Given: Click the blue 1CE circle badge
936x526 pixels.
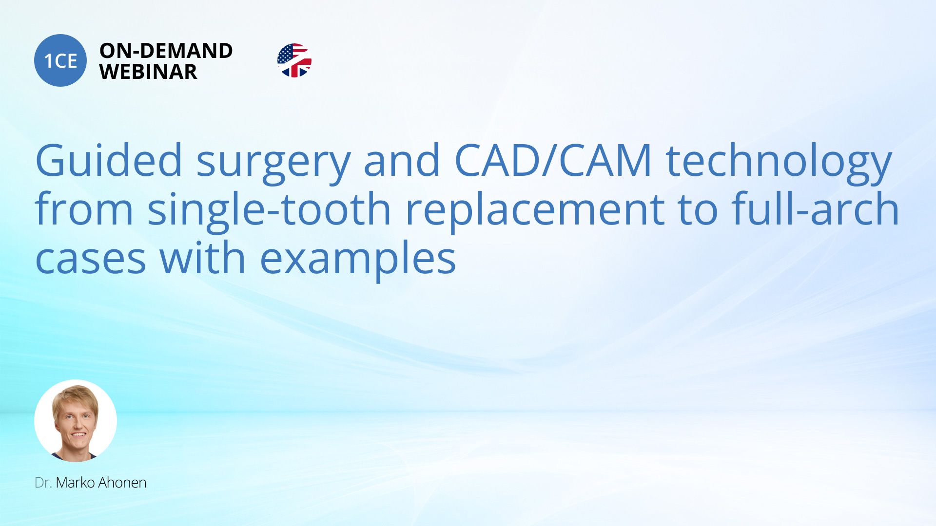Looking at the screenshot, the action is tap(60, 60).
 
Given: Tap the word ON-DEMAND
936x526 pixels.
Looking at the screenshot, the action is tap(166, 51).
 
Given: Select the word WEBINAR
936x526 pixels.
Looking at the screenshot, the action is tap(148, 72).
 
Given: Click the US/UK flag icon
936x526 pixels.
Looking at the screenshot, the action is tap(294, 60).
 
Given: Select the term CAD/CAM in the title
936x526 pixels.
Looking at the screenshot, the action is tap(553, 161).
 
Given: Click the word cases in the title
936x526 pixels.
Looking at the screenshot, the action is tap(91, 260).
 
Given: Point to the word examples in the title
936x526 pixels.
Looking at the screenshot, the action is tap(358, 261).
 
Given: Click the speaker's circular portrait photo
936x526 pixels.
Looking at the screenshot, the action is tap(76, 421).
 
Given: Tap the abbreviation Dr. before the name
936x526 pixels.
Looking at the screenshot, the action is tap(43, 483).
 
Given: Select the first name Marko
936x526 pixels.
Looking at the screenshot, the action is tap(76, 483).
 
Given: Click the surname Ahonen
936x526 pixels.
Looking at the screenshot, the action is tap(122, 483).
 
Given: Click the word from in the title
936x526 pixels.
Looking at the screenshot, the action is tap(84, 208).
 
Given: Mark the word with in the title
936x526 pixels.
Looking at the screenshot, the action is tap(203, 257).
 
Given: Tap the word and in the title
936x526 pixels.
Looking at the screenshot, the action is tap(402, 161).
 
